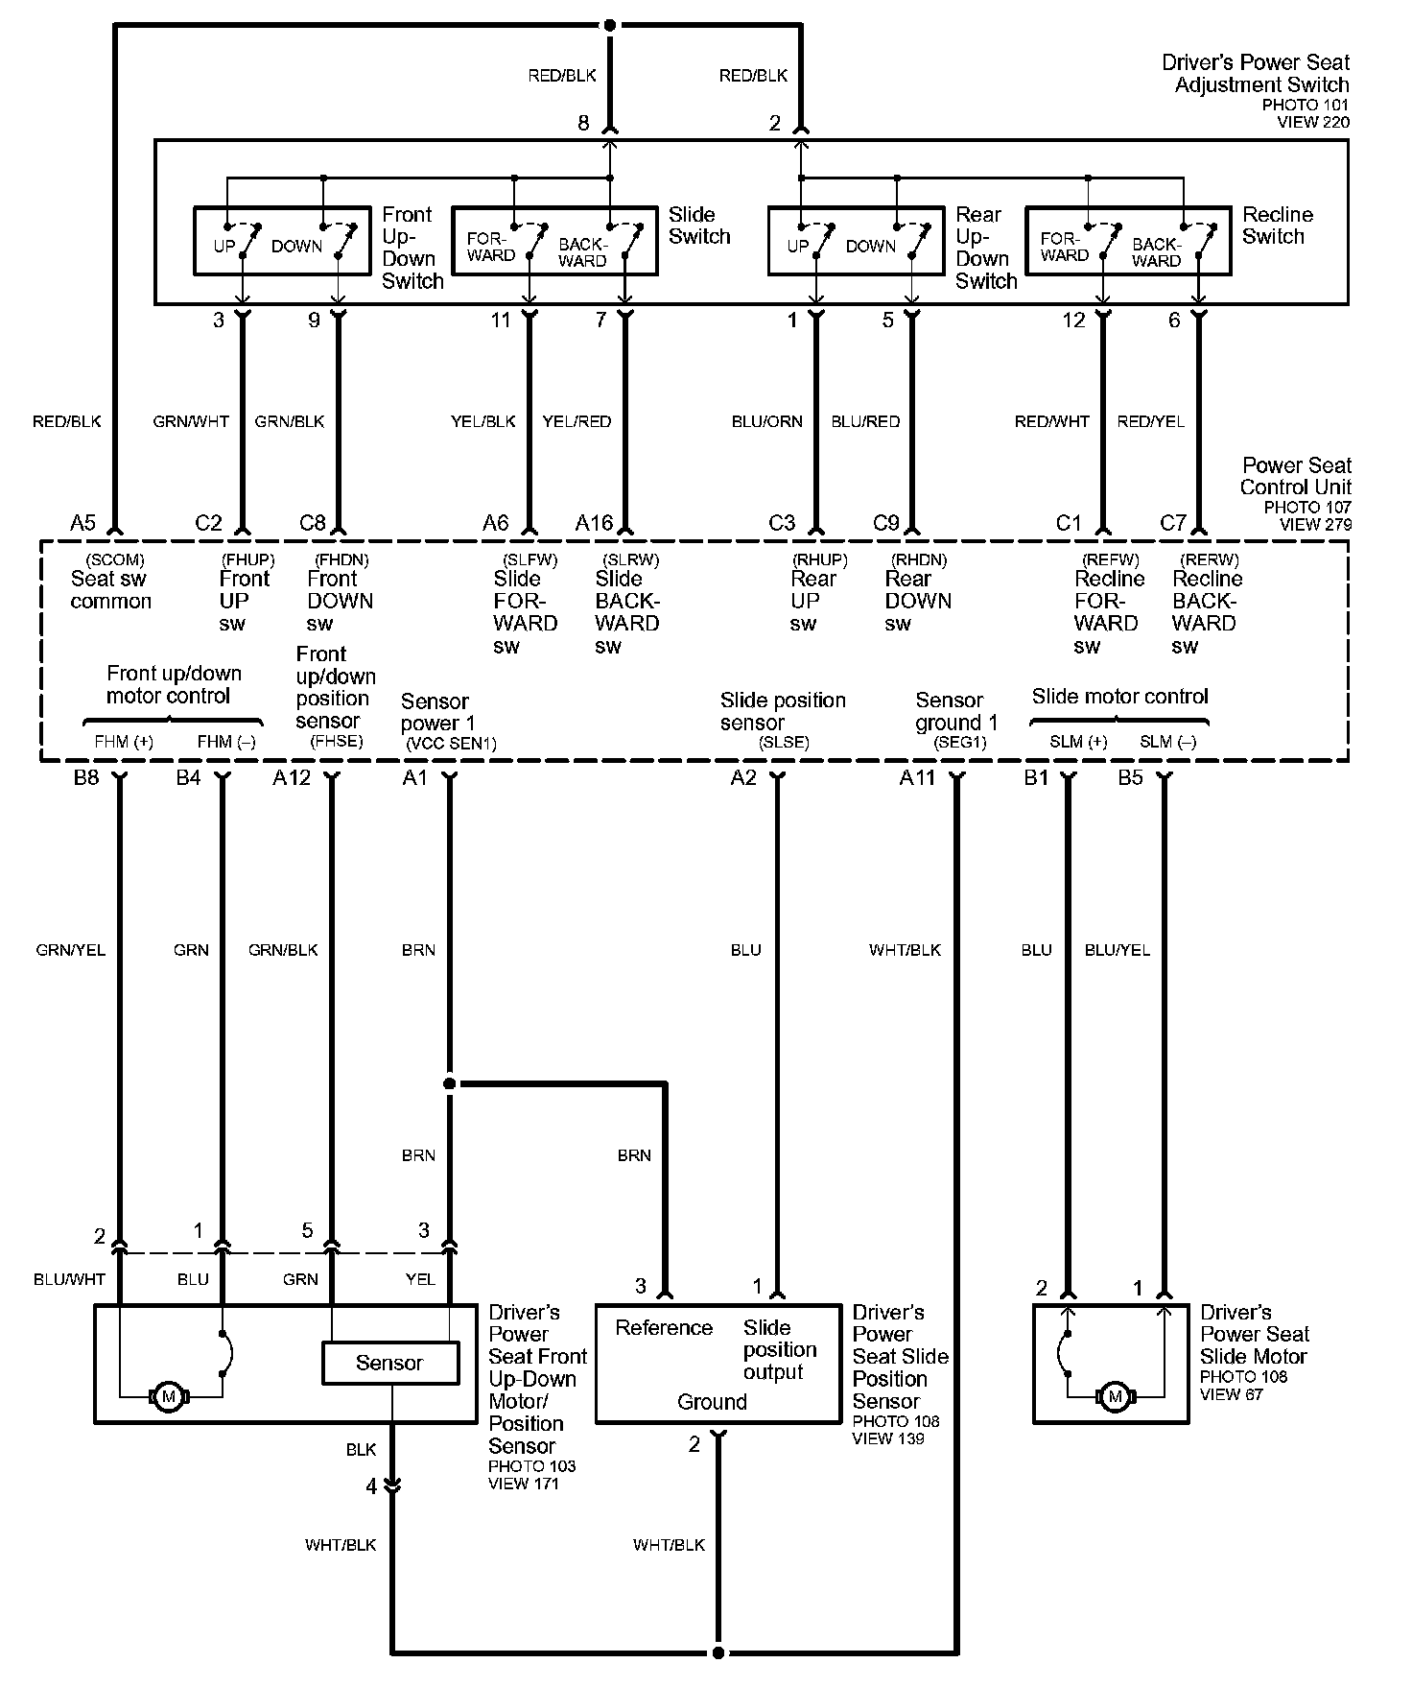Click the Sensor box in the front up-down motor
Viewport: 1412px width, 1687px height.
click(x=389, y=1363)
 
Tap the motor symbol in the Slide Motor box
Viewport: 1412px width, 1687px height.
click(x=1114, y=1396)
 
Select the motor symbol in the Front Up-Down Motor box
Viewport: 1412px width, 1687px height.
click(x=170, y=1396)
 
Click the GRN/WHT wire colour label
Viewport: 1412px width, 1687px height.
click(x=191, y=421)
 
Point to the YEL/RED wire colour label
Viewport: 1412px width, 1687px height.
click(x=577, y=421)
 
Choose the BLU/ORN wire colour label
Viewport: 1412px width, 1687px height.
click(x=766, y=421)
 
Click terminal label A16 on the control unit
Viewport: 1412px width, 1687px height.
click(x=594, y=523)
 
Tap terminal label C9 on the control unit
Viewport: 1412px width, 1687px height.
click(x=886, y=523)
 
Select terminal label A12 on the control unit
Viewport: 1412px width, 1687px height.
click(x=292, y=777)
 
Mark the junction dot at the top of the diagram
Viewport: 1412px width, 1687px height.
click(x=610, y=25)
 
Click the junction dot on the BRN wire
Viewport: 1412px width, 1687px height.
click(x=449, y=1084)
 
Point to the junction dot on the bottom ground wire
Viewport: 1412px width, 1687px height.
click(x=718, y=1653)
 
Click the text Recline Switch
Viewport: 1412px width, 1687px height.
click(x=1277, y=226)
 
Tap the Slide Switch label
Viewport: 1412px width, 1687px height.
click(x=699, y=226)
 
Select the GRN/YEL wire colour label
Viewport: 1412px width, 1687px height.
click(x=70, y=950)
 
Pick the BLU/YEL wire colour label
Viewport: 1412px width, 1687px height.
click(x=1117, y=950)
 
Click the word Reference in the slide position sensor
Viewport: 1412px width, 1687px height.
click(x=664, y=1328)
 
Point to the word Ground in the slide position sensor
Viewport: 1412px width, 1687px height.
click(x=712, y=1402)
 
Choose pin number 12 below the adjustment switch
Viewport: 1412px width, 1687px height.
click(x=1073, y=321)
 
